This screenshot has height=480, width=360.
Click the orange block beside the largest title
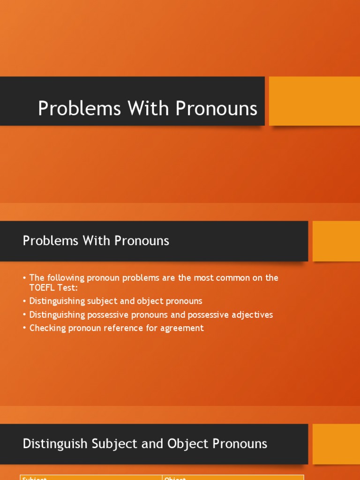[314, 101]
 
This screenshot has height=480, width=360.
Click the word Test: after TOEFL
[69, 288]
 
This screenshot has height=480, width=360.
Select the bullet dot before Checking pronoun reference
[24, 328]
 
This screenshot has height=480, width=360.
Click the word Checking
[47, 328]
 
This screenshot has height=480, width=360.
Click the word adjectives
[252, 315]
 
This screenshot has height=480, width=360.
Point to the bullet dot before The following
[24, 278]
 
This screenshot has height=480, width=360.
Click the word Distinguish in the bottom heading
[51, 443]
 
